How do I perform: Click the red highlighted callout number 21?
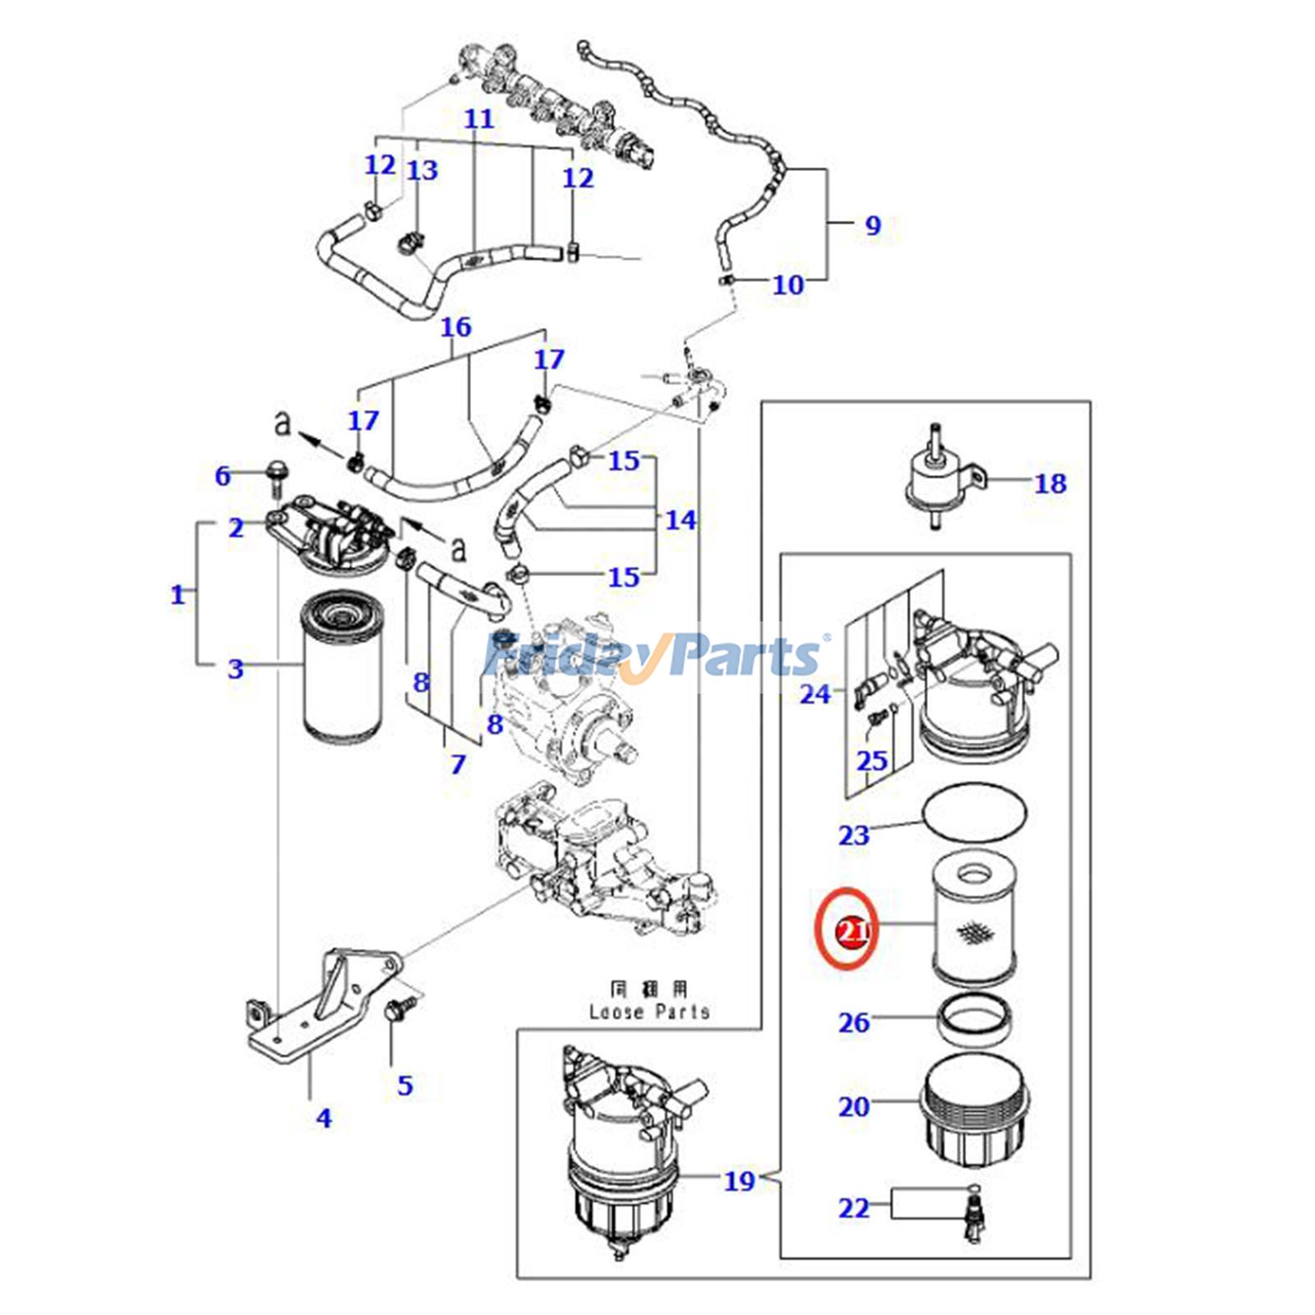pos(853,931)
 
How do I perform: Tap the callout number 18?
pos(1050,483)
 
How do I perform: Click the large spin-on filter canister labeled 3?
pos(344,666)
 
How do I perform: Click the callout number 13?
pos(422,170)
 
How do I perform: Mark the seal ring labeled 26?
pos(976,1019)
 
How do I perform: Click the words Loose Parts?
pos(649,1011)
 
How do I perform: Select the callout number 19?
pos(739,1181)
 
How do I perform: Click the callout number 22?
pos(853,1207)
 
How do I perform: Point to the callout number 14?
pos(680,519)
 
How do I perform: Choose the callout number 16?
pos(455,327)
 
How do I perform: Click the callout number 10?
pos(787,284)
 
